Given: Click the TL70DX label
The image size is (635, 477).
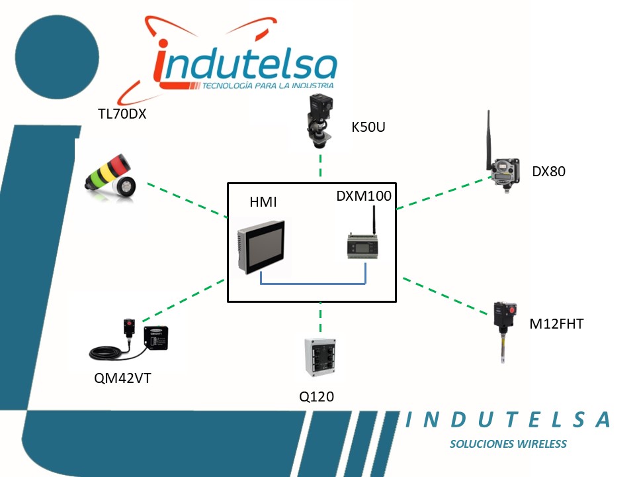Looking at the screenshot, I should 122,114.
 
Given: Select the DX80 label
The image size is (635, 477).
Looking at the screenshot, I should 548,172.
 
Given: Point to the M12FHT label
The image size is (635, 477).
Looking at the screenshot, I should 556,324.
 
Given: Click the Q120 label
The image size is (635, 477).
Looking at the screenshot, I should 316,397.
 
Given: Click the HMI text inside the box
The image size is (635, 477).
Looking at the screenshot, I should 263,201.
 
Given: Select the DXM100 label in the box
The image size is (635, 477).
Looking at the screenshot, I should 364,196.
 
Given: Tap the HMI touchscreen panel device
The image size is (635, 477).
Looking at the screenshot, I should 262,246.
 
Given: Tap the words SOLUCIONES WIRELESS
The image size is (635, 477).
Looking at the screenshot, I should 508,444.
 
